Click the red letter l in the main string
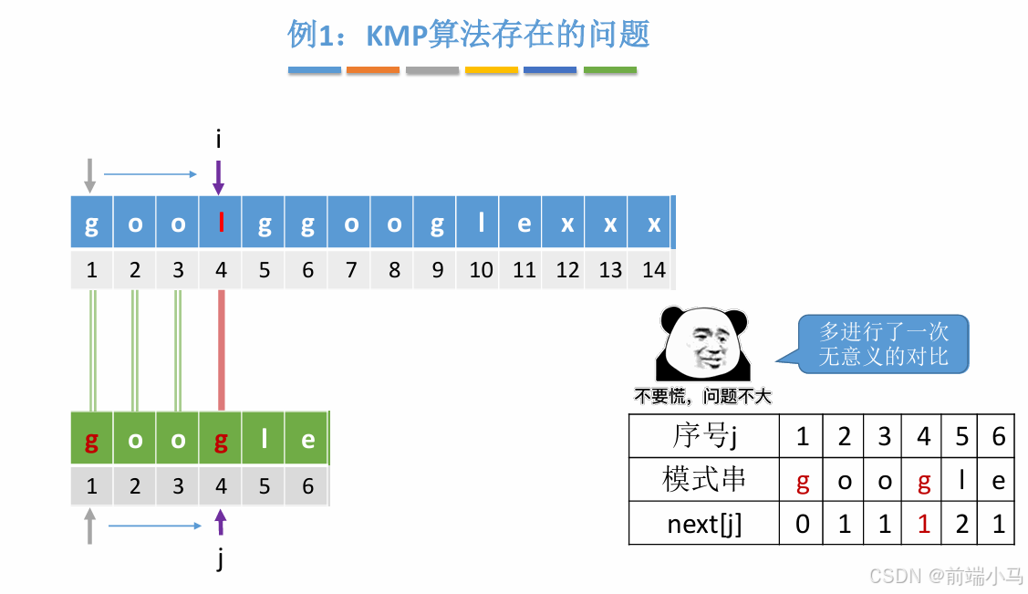(x=221, y=224)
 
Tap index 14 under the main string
(x=654, y=270)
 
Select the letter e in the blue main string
(x=524, y=224)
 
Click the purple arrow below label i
(x=218, y=177)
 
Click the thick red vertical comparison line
(x=221, y=351)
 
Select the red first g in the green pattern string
(x=91, y=440)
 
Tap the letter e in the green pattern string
(x=307, y=440)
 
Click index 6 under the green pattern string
(x=307, y=486)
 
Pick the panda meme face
(x=702, y=345)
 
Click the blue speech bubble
(x=883, y=344)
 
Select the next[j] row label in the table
(x=703, y=524)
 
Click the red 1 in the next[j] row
(x=923, y=524)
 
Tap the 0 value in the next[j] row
(x=802, y=524)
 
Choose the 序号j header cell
(x=703, y=436)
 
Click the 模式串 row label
(x=703, y=480)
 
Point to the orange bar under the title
(x=373, y=70)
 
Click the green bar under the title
(x=609, y=70)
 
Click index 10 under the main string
(x=481, y=270)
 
